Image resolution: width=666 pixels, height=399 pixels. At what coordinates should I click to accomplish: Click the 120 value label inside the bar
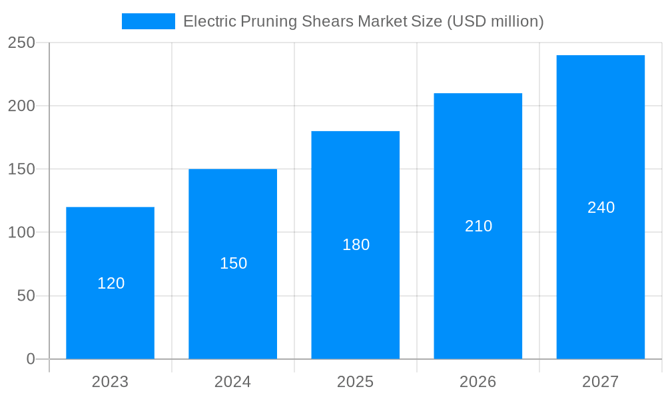(x=111, y=283)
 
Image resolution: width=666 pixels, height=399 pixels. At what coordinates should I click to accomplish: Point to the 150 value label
(x=233, y=263)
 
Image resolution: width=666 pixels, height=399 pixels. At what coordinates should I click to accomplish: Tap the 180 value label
(x=356, y=245)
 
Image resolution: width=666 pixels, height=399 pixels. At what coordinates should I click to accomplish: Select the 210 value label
(x=478, y=226)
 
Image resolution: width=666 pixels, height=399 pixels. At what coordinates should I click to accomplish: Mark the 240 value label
(x=601, y=207)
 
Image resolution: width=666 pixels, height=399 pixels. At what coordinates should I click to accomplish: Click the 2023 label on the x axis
(x=110, y=382)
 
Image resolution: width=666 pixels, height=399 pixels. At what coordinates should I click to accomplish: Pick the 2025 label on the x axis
(x=355, y=382)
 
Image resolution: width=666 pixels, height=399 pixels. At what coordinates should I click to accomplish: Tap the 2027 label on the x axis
(x=600, y=382)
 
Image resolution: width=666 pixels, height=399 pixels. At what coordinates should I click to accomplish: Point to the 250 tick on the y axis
(x=21, y=43)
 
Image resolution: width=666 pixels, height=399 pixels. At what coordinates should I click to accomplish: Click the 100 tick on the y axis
(x=21, y=233)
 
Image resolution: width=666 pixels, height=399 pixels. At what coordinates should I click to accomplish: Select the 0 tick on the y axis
(x=31, y=359)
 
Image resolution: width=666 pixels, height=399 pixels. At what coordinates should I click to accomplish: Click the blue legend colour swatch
(x=148, y=21)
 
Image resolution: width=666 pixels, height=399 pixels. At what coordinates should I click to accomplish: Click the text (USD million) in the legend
(x=495, y=21)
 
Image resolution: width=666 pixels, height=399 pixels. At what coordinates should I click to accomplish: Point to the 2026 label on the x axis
(x=478, y=382)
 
